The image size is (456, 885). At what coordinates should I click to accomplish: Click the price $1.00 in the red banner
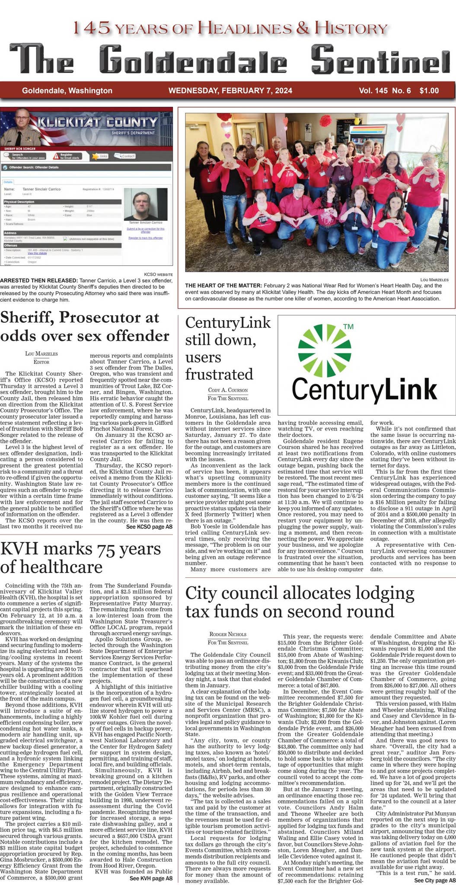pos(429,91)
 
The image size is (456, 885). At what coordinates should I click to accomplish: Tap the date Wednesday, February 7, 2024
pos(230,91)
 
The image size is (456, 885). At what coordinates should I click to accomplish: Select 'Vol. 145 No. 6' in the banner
pos(384,91)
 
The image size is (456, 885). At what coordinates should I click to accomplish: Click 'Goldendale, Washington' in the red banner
pos(67,91)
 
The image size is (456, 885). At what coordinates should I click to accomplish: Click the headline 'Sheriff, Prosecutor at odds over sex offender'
pos(85,327)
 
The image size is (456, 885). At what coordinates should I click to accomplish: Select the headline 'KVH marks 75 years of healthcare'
pos(81,557)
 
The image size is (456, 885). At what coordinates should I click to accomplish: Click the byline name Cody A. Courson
pos(228,390)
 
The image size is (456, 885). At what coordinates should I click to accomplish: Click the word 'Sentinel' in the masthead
pos(380,59)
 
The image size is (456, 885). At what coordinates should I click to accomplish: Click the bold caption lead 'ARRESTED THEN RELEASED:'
pos(39,280)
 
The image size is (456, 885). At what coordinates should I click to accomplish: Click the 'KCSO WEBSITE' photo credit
pos(158,274)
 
